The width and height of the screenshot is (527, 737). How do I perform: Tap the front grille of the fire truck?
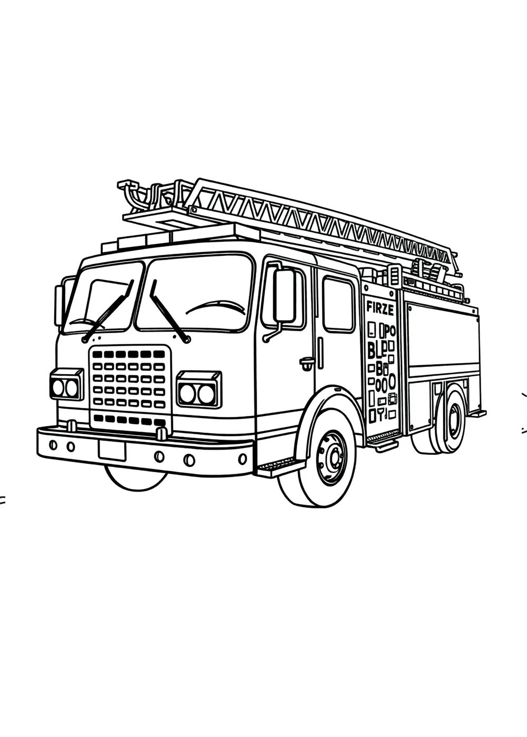coord(130,387)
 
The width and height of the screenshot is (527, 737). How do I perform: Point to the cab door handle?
coord(307,362)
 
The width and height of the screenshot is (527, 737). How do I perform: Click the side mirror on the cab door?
coord(284,296)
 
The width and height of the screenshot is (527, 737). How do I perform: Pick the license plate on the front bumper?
coord(112,451)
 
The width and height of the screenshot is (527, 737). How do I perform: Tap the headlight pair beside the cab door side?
coord(198,390)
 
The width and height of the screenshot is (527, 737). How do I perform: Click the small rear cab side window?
coord(338,304)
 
